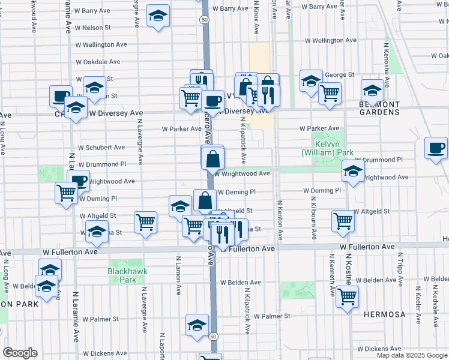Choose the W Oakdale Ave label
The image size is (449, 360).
click(x=98, y=61)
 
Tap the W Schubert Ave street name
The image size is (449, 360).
click(x=100, y=147)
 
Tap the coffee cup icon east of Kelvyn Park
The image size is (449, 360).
click(x=436, y=148)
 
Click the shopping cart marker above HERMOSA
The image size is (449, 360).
click(x=347, y=296)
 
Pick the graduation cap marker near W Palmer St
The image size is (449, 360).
click(x=196, y=325)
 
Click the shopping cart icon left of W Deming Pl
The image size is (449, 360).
click(x=66, y=193)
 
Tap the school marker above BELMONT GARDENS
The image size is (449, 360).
click(x=372, y=90)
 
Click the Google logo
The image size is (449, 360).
click(x=20, y=353)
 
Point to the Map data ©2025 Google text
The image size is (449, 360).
click(x=412, y=355)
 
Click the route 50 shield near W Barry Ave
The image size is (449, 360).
click(x=205, y=20)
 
